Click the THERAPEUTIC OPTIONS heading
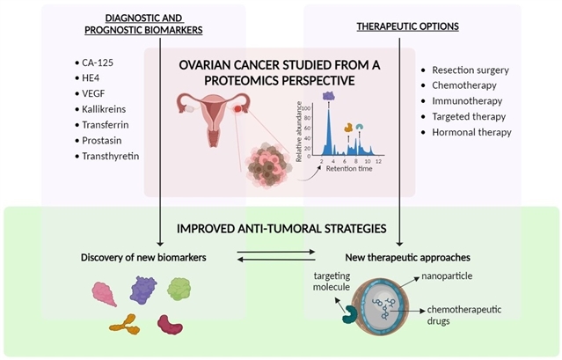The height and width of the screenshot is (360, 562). pos(407,26)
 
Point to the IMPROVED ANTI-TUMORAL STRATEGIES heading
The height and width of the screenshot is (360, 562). pos(281,228)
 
